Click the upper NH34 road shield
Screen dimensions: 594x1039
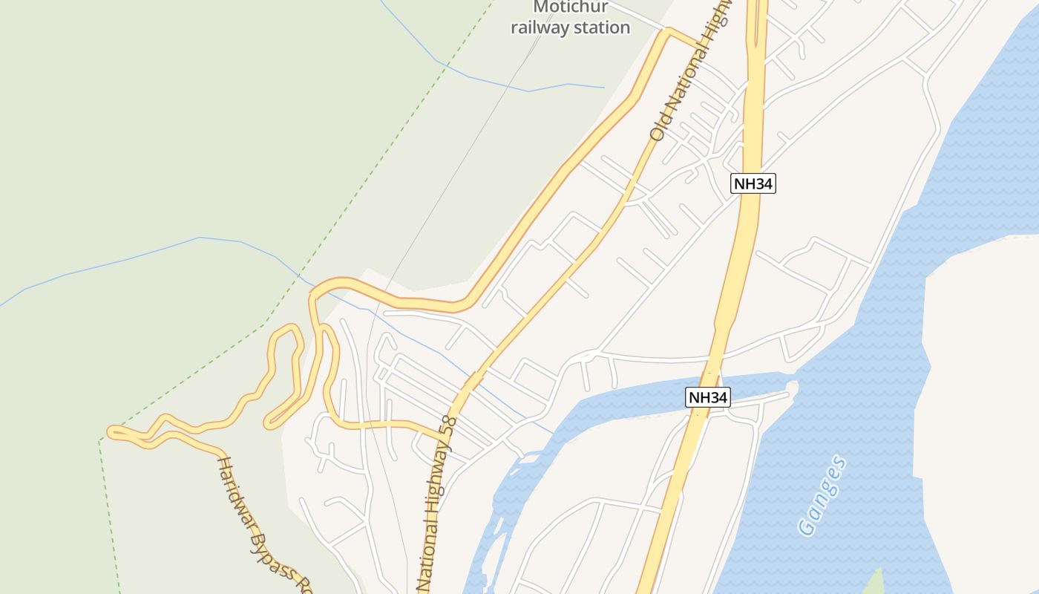pos(753,183)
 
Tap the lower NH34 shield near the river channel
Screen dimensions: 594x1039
pos(707,397)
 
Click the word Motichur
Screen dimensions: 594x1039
pos(571,7)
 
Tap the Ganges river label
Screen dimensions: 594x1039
pos(822,495)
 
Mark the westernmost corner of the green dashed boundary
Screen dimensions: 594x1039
pos(99,440)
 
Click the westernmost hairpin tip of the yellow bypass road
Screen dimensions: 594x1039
pos(111,431)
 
